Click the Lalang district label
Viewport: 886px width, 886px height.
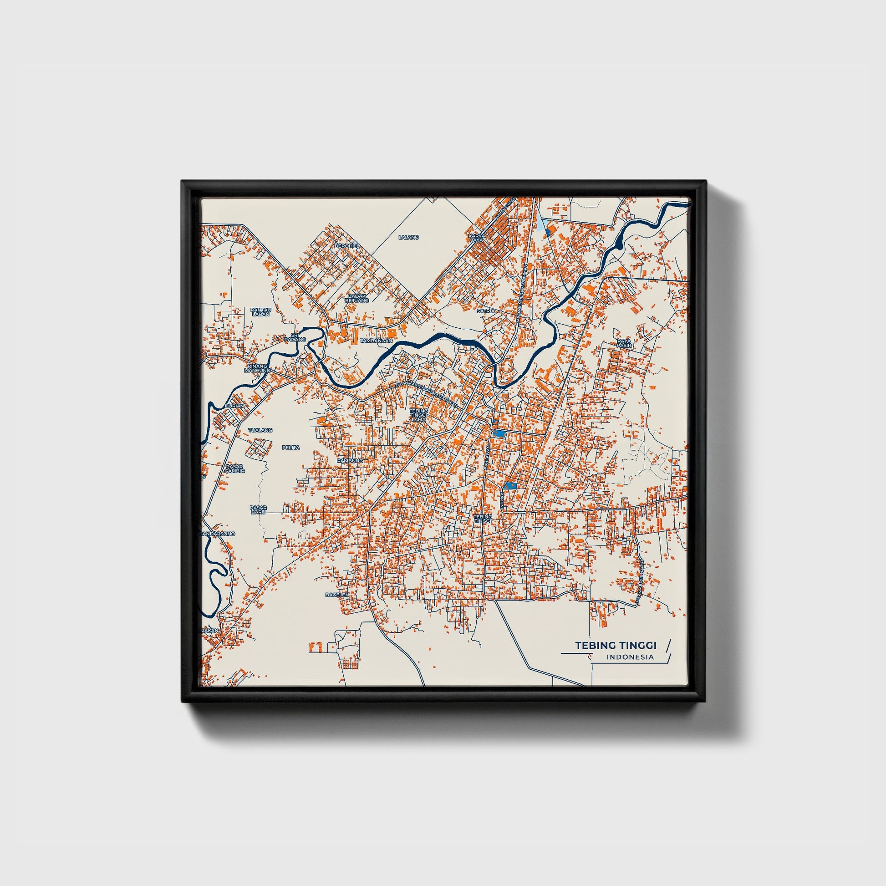coord(408,237)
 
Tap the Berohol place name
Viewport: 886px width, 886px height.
coord(345,246)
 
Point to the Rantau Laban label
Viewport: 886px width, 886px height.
coord(261,311)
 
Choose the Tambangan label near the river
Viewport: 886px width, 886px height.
coord(376,341)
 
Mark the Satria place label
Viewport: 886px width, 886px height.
coord(486,311)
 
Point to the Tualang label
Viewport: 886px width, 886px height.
coord(260,430)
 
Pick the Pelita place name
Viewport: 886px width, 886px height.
coord(291,447)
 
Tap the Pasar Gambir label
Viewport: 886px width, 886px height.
coord(235,468)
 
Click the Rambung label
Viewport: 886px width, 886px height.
coord(350,460)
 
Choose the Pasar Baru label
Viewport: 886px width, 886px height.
coord(259,509)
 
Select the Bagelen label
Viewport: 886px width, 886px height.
coord(337,595)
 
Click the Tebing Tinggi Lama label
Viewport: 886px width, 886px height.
coord(419,415)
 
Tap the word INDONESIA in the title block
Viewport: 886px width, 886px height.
coord(630,657)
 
